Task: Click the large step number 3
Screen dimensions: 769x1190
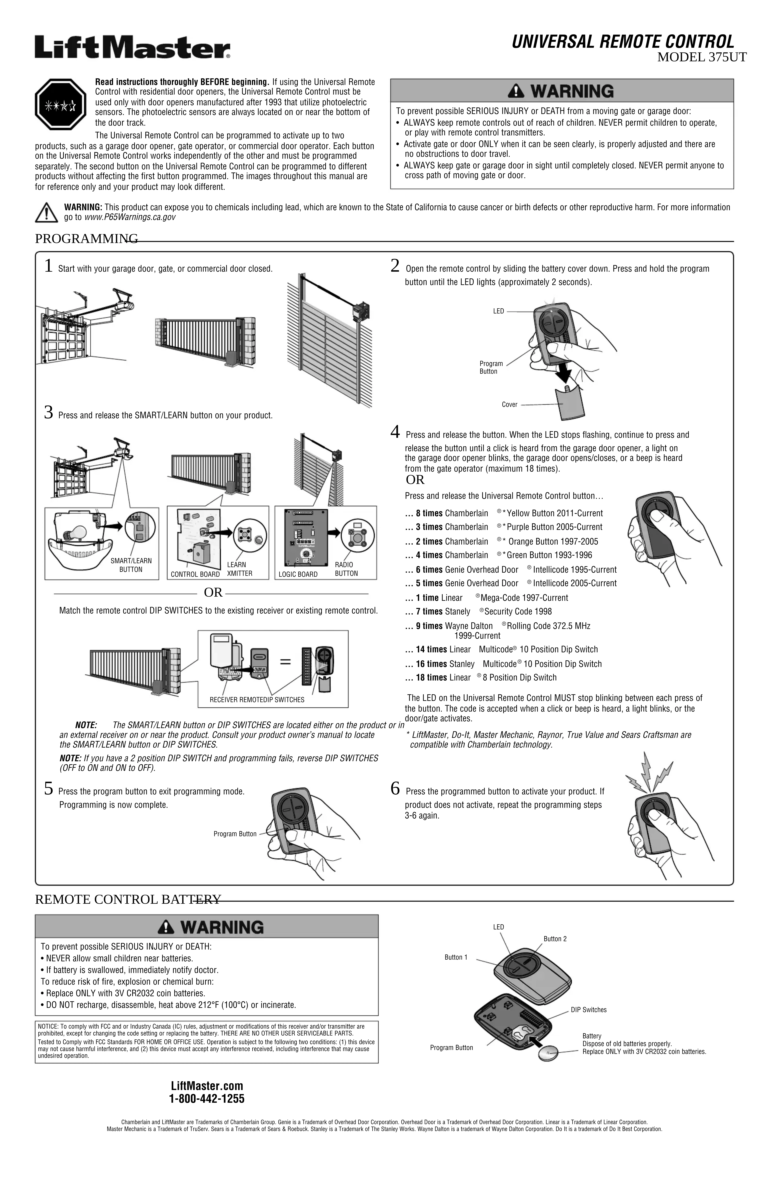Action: (x=48, y=413)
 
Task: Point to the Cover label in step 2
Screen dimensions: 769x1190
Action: (x=509, y=405)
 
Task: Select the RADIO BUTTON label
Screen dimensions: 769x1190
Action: (x=346, y=569)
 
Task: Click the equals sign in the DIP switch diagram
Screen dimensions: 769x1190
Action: (x=285, y=662)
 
